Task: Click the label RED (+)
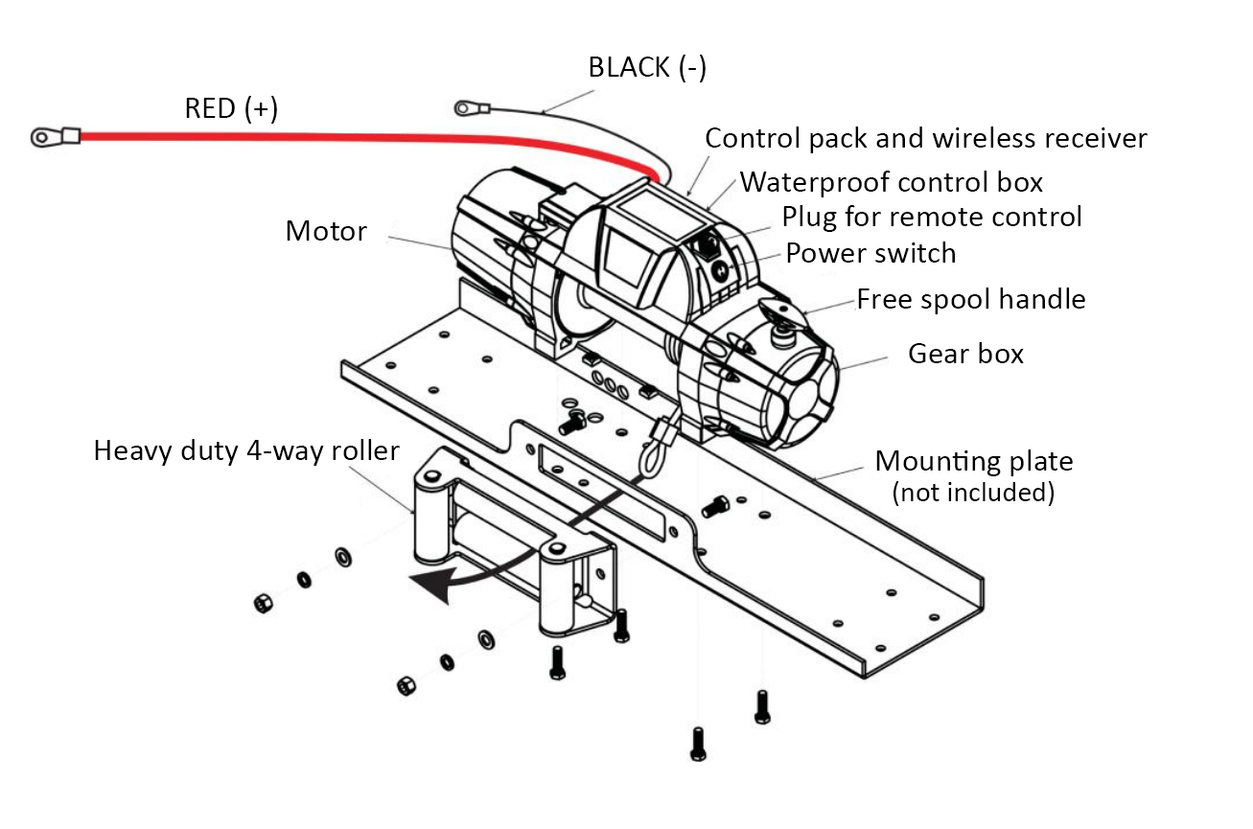click(x=231, y=109)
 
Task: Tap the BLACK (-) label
click(x=647, y=68)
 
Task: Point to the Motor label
click(x=326, y=232)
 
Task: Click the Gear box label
click(x=965, y=354)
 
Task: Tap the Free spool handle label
click(x=970, y=299)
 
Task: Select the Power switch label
click(x=870, y=254)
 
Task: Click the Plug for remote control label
click(x=932, y=217)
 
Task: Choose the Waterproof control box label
click(x=892, y=181)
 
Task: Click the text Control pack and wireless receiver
click(x=926, y=139)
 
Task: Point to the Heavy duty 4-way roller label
click(x=246, y=450)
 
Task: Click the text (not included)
click(x=973, y=493)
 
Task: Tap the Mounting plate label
click(x=973, y=462)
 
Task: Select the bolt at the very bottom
click(x=698, y=744)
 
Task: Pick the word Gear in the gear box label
click(x=935, y=354)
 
